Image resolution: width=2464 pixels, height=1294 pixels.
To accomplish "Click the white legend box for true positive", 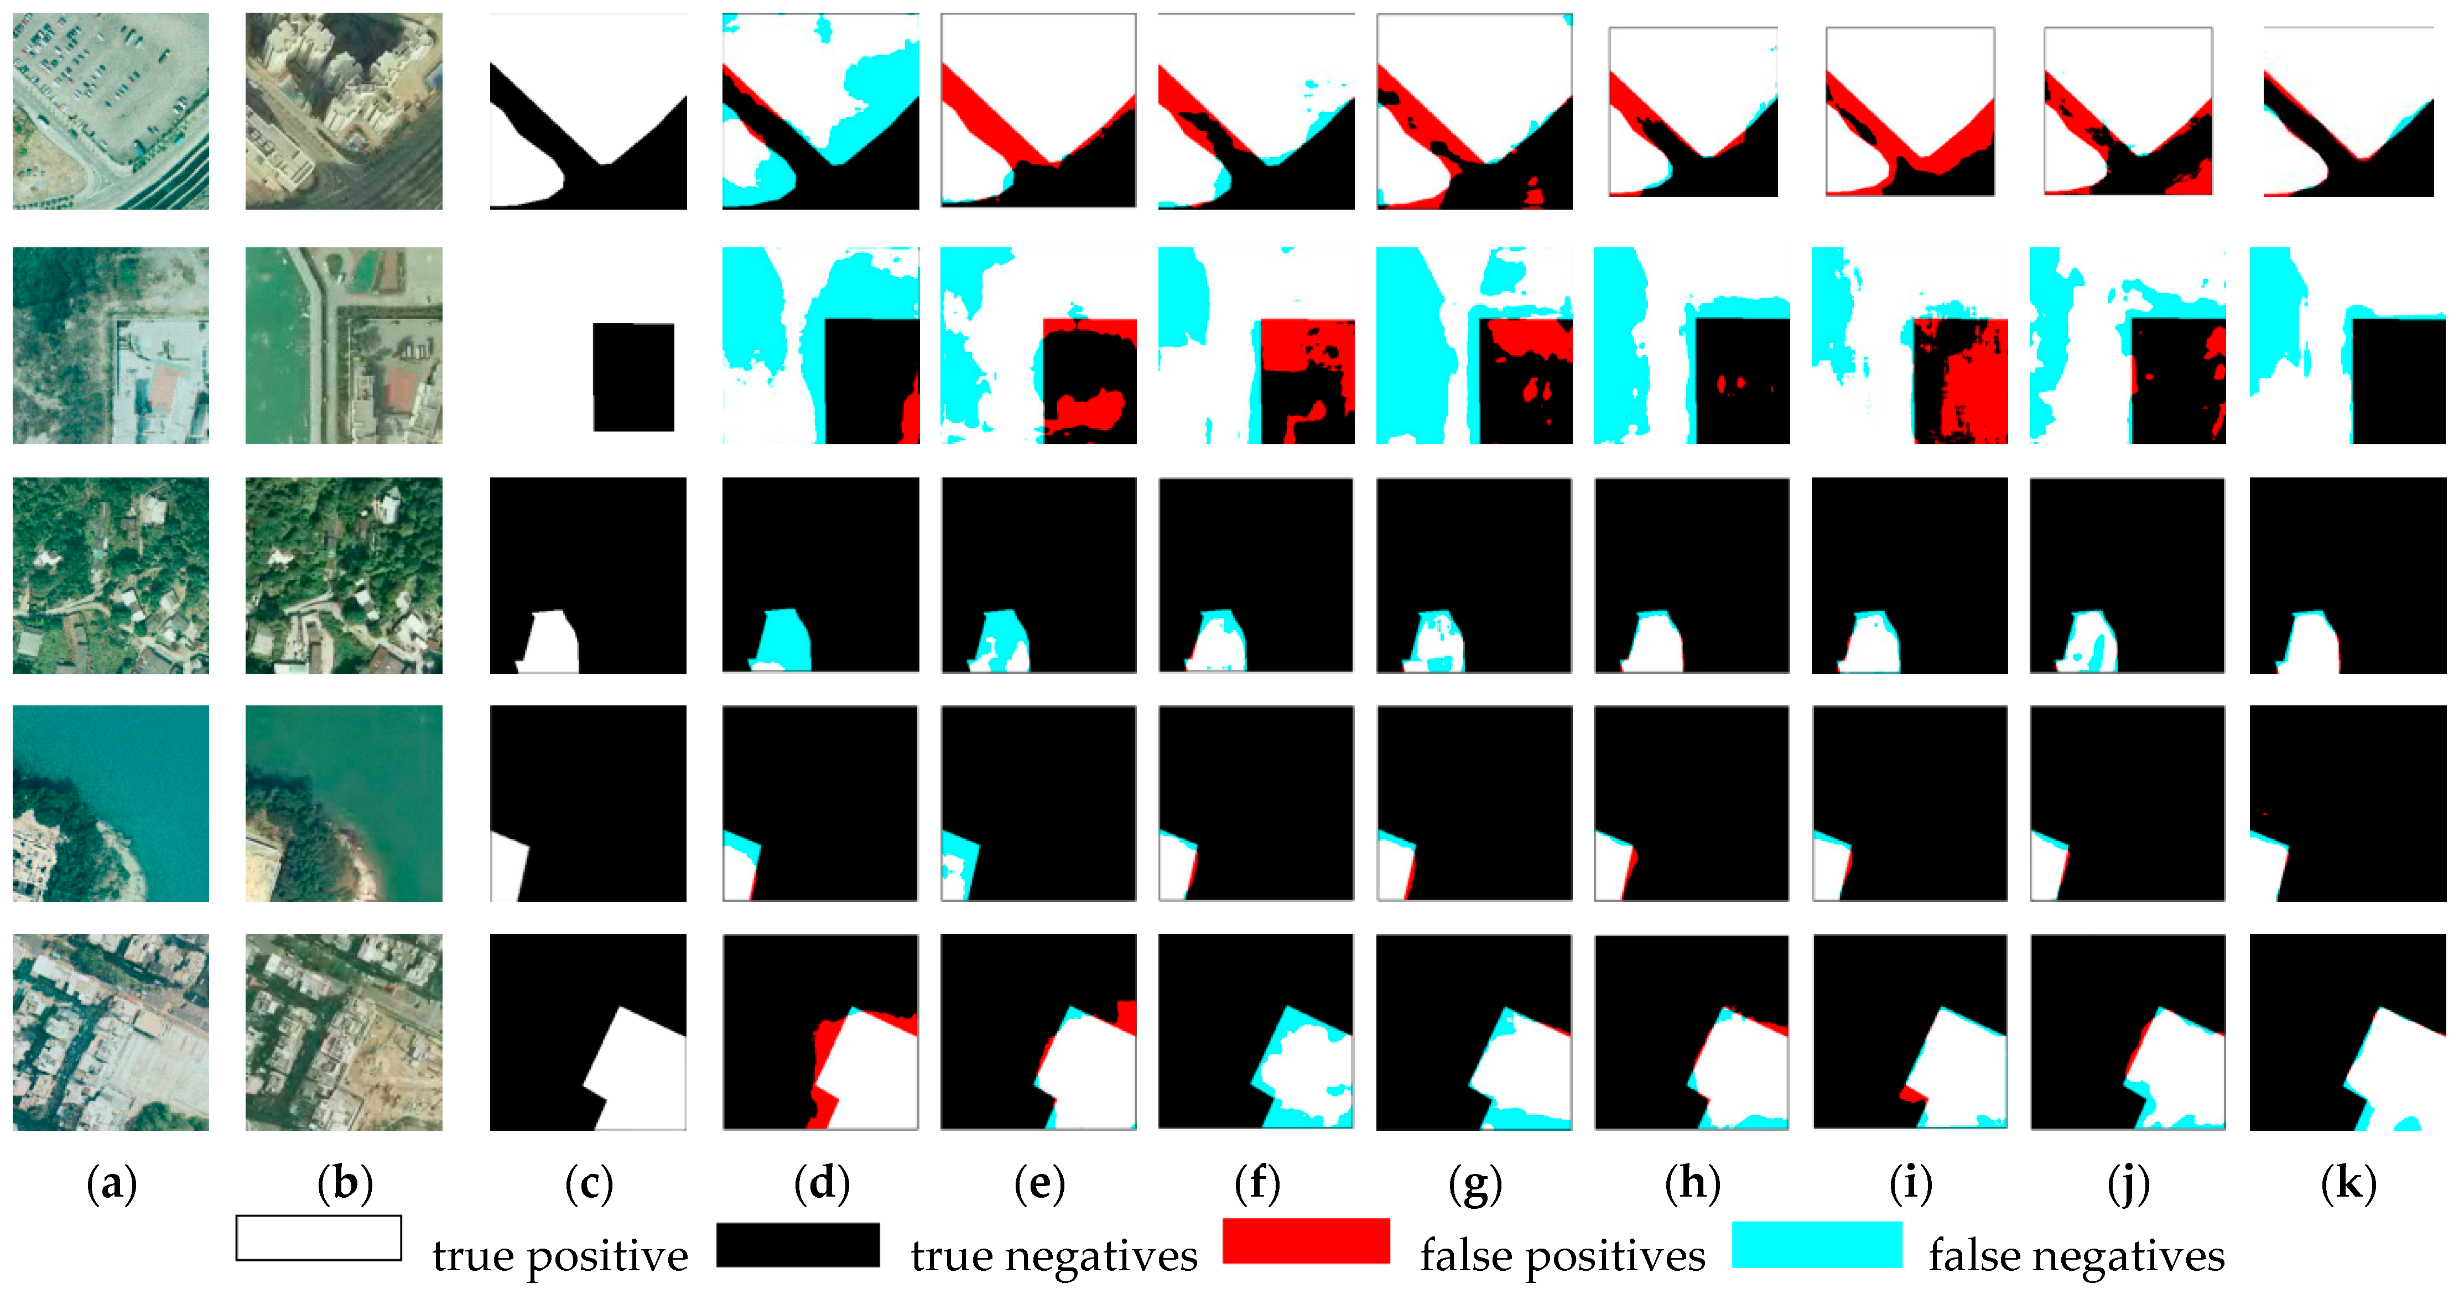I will coord(319,1238).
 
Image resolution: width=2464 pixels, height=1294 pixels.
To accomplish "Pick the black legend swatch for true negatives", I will coord(798,1244).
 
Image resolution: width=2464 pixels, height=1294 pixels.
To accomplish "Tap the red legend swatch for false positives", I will coord(1306,1240).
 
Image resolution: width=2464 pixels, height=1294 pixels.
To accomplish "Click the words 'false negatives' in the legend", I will coord(2076,1255).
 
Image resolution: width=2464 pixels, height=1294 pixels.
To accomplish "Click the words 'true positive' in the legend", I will coord(559,1255).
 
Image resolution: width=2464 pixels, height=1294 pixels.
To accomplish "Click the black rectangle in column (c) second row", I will coord(633,377).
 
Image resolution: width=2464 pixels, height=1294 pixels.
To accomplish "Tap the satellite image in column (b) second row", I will coord(344,345).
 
